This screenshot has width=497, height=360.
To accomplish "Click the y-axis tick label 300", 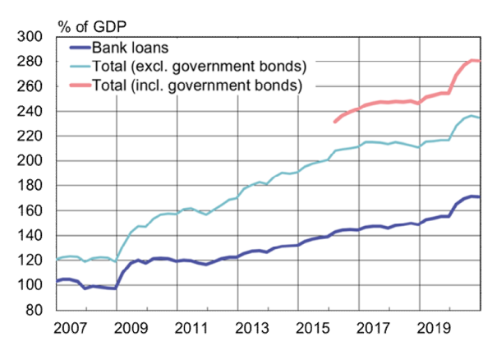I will [37, 37].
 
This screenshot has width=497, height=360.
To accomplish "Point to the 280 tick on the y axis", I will [37, 62].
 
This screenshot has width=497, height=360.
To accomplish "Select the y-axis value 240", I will [37, 111].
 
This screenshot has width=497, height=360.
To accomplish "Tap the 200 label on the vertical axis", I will [37, 161].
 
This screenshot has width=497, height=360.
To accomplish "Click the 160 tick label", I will [37, 210].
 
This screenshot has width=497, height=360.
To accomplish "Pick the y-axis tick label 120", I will [37, 261].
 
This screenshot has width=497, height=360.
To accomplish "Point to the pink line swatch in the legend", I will [77, 85].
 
